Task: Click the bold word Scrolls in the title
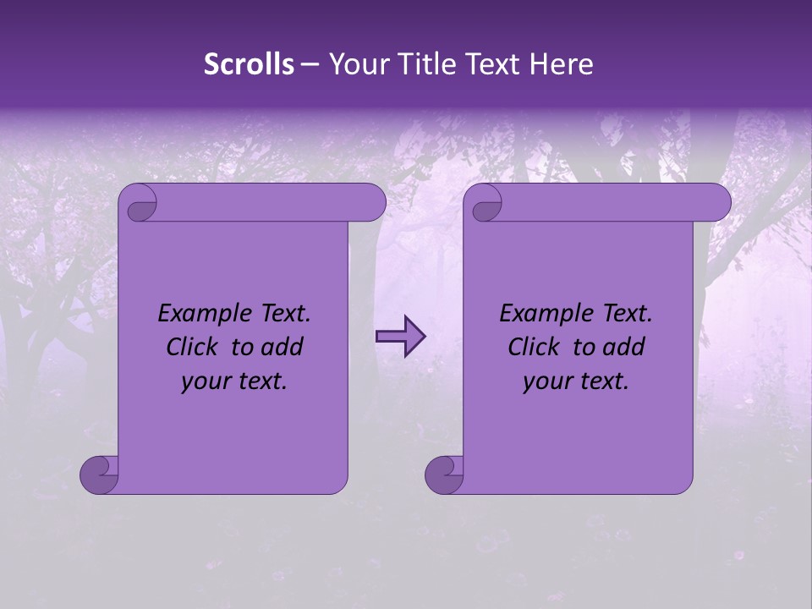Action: (250, 63)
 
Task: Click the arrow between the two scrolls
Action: (400, 337)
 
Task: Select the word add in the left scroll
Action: (282, 347)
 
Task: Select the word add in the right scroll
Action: (623, 347)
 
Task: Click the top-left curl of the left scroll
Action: (139, 204)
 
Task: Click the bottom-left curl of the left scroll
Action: (99, 475)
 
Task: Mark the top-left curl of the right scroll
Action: (485, 204)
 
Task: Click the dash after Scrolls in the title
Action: (310, 63)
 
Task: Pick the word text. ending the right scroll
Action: (601, 381)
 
